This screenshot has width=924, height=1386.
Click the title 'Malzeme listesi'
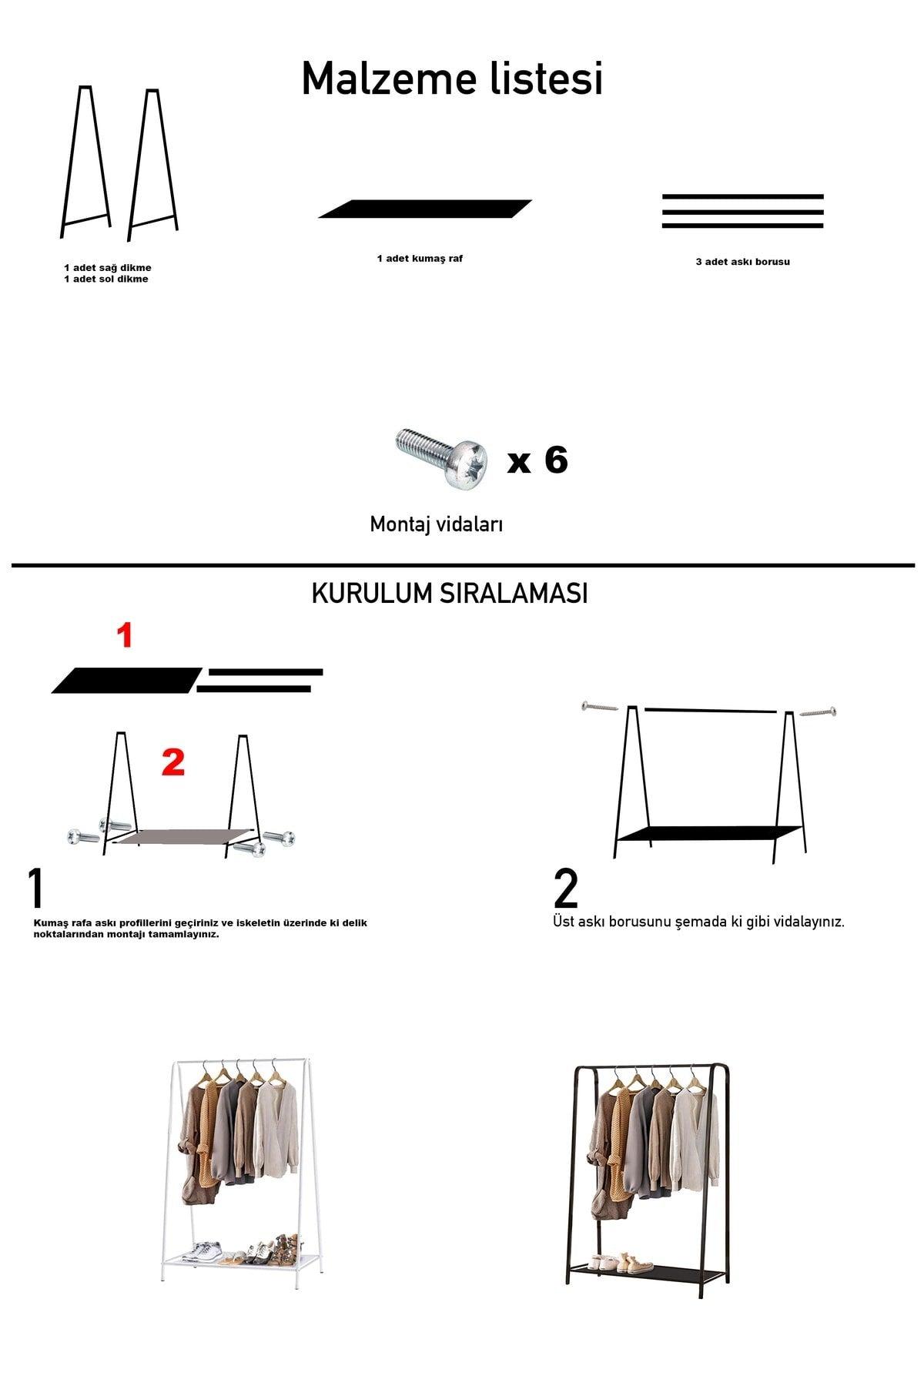(x=452, y=79)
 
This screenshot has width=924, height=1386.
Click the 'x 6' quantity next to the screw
(x=537, y=460)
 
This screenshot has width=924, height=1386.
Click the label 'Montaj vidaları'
(x=436, y=524)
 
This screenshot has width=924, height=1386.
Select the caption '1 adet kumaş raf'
(x=420, y=259)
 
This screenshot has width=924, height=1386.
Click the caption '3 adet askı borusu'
(x=742, y=262)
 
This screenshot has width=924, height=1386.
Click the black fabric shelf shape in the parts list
(x=425, y=209)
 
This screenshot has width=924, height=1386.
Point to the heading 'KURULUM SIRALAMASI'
(x=450, y=594)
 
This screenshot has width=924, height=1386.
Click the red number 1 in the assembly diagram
(x=125, y=636)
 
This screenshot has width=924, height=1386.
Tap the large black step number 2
(x=566, y=889)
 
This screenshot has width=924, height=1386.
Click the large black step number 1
(x=36, y=889)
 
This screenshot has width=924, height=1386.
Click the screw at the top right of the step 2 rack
(x=819, y=712)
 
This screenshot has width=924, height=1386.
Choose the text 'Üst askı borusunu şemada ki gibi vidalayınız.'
(x=698, y=922)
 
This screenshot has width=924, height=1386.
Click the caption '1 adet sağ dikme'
(x=107, y=267)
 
